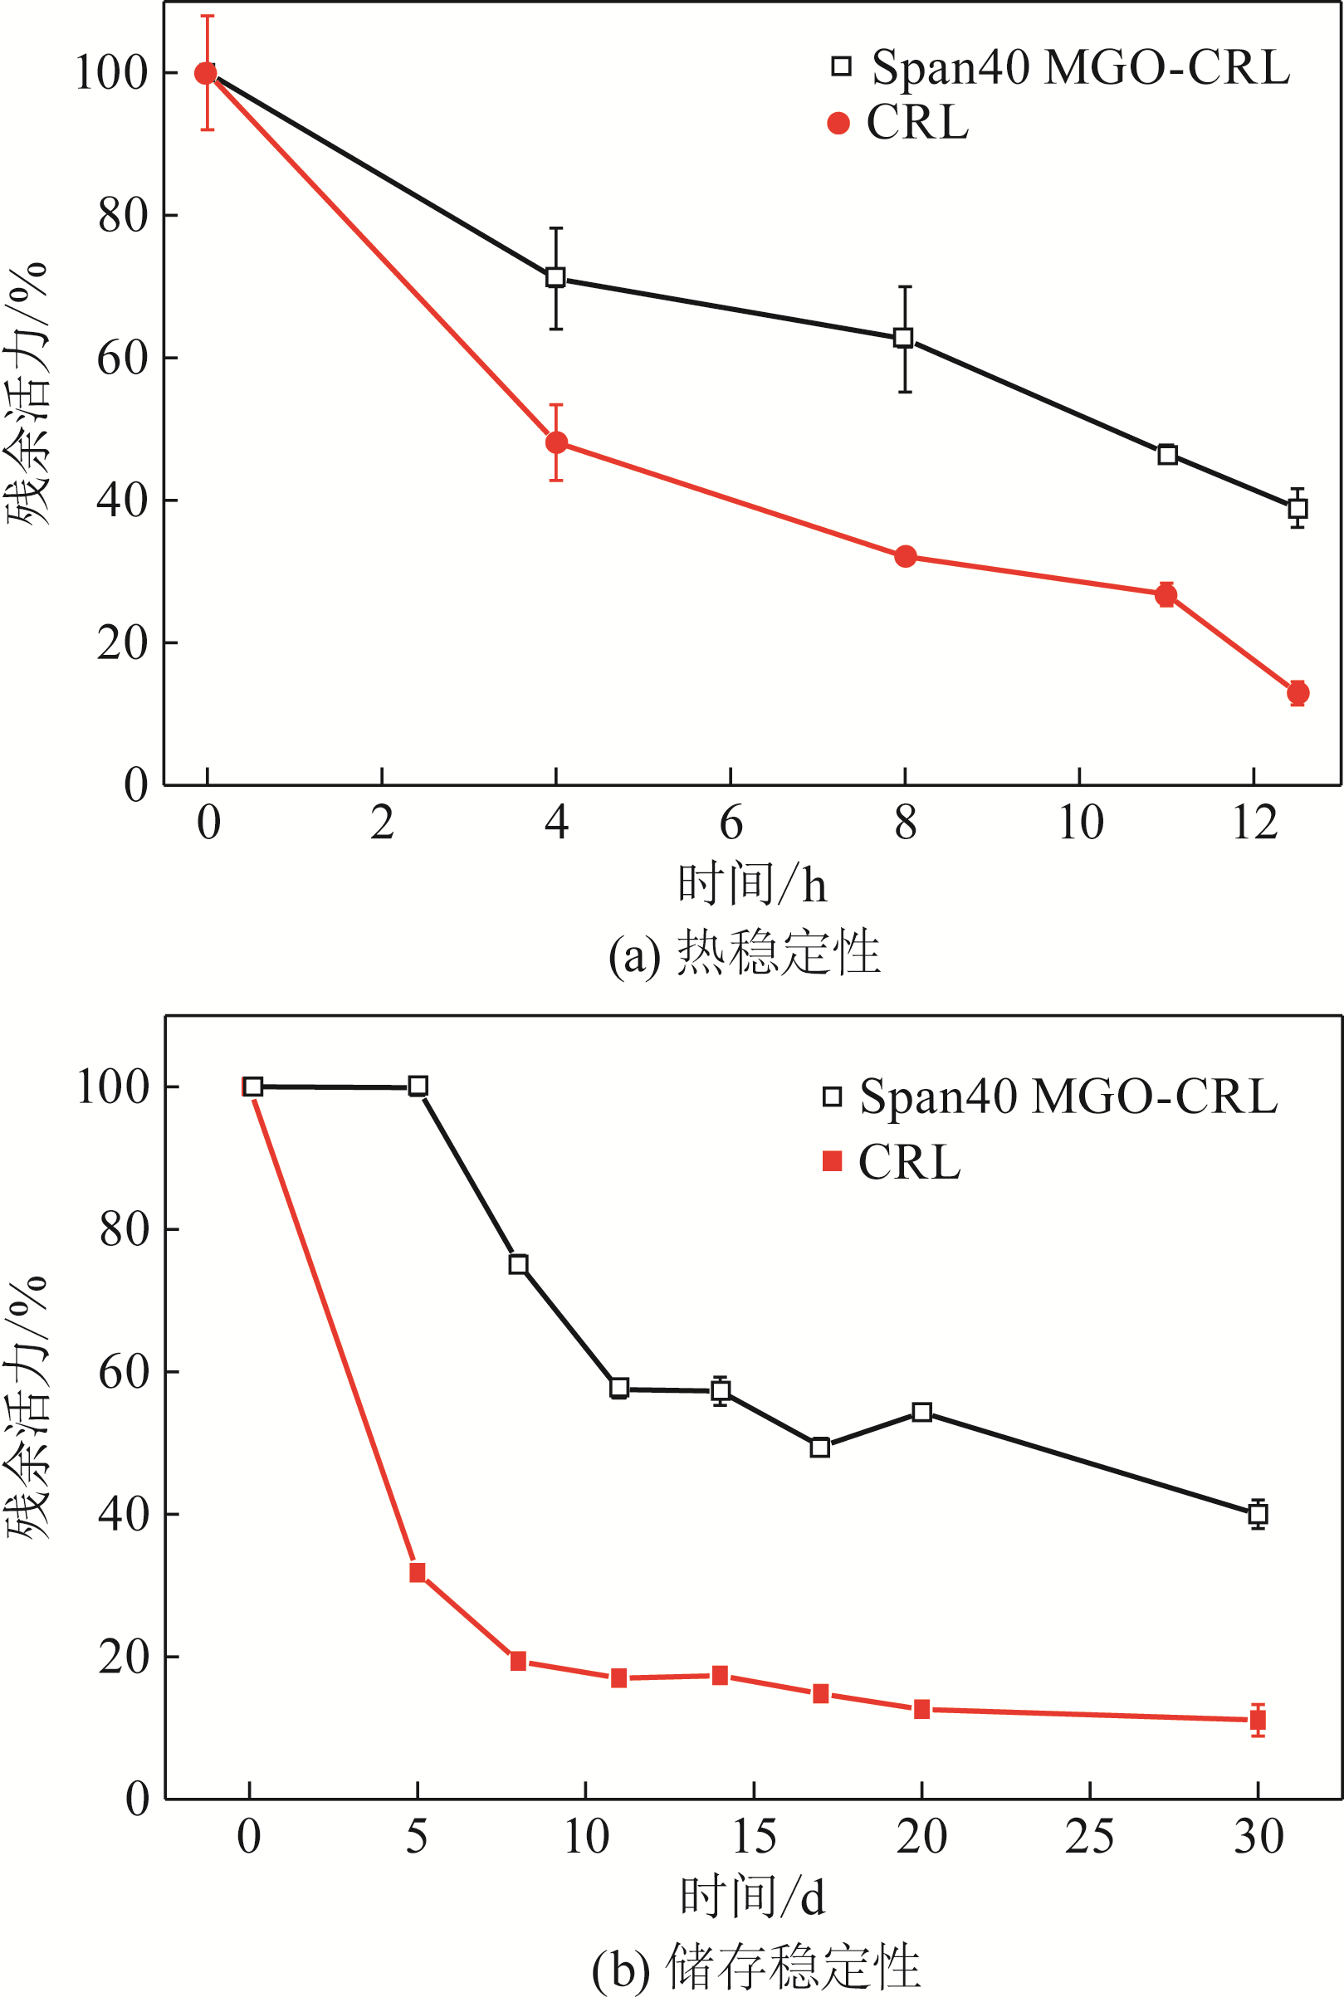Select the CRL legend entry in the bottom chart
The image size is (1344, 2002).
pyautogui.click(x=892, y=1163)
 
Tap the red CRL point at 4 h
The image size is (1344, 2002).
pyautogui.click(x=556, y=443)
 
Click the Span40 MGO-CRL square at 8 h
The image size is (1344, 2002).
pyautogui.click(x=903, y=338)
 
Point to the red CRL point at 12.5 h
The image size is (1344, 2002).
pyautogui.click(x=1298, y=692)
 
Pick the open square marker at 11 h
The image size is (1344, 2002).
pyautogui.click(x=1166, y=455)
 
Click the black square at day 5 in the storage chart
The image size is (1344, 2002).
pyautogui.click(x=418, y=1086)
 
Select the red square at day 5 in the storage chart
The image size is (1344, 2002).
pyautogui.click(x=418, y=1573)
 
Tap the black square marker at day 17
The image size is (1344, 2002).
pyautogui.click(x=820, y=1448)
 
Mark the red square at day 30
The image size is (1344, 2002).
pyautogui.click(x=1258, y=1720)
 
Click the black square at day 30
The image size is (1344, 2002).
pyautogui.click(x=1258, y=1514)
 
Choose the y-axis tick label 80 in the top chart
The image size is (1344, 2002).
pyautogui.click(x=124, y=216)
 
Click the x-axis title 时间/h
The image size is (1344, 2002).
pyautogui.click(x=753, y=886)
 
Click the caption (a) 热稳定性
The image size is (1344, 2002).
pyautogui.click(x=744, y=953)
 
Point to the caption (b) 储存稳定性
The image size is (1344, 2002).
pyautogui.click(x=756, y=1967)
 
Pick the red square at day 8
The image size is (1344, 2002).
pyautogui.click(x=518, y=1662)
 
